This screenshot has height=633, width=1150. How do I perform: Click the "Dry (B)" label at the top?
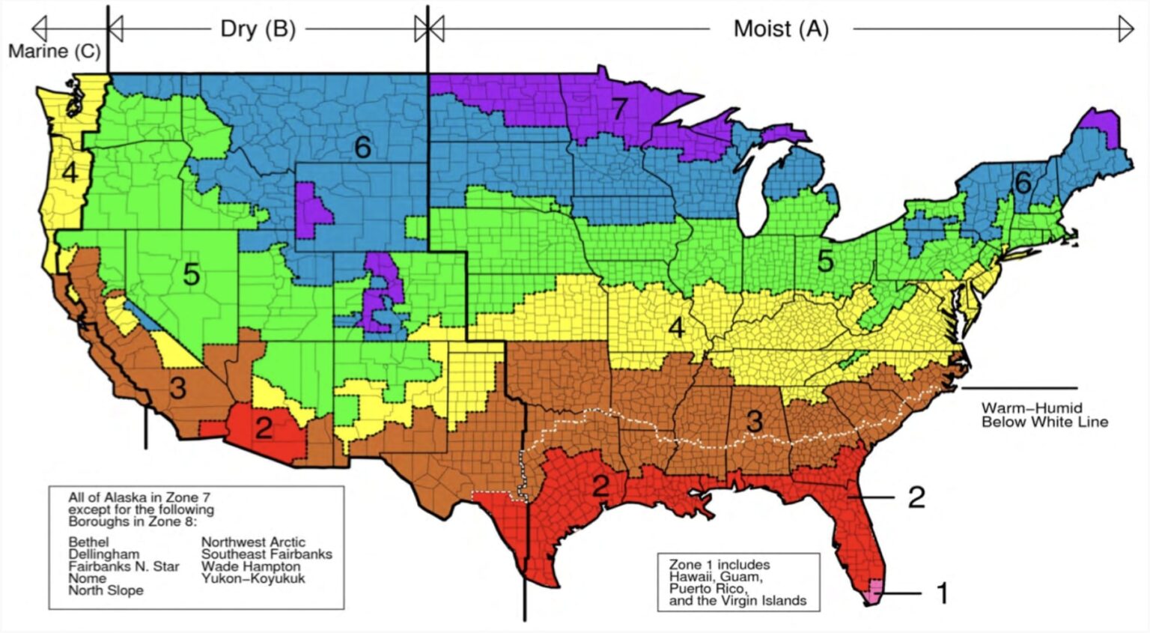(258, 29)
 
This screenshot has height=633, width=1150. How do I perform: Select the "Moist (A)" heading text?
(781, 29)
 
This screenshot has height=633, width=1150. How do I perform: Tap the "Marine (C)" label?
(54, 52)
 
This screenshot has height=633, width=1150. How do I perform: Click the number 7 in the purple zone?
(618, 109)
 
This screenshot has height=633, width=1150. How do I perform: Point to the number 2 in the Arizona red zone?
(264, 428)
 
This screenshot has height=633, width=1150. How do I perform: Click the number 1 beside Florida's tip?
(943, 593)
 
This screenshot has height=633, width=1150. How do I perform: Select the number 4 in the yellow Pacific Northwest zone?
(70, 173)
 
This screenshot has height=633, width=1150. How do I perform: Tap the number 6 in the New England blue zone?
(1023, 182)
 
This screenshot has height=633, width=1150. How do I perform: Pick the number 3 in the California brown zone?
(177, 388)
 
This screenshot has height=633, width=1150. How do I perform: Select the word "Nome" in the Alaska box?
(87, 578)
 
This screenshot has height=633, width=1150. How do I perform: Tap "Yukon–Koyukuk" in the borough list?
(252, 578)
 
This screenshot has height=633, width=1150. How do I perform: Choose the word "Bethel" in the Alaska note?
(88, 542)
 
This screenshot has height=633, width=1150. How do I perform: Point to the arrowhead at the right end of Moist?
(1126, 29)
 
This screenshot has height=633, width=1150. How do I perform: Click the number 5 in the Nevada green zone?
(191, 274)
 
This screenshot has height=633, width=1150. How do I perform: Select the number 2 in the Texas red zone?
(600, 485)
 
